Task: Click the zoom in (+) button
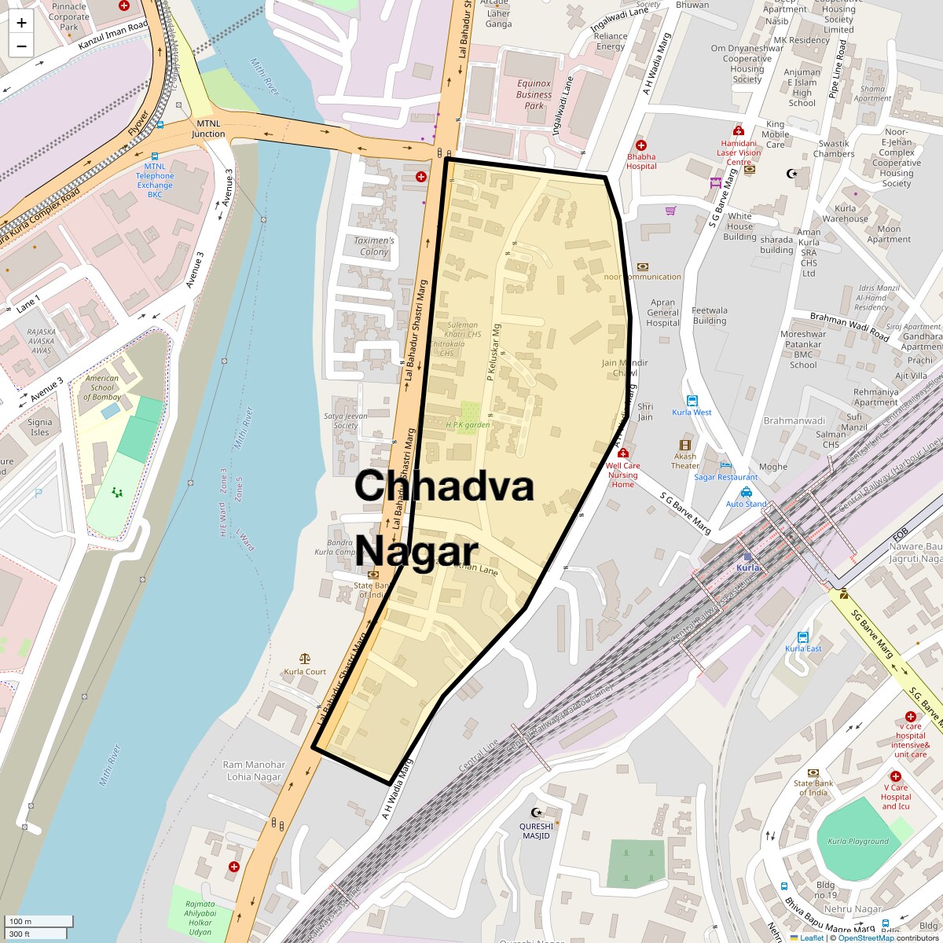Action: point(21,24)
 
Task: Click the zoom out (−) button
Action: point(21,46)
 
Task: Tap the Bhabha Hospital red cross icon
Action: point(641,145)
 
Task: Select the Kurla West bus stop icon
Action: point(692,401)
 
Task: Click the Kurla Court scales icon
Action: point(305,659)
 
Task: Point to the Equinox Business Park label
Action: point(534,94)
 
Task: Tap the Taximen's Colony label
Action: point(374,246)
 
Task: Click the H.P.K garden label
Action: point(468,425)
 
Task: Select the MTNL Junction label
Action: point(210,129)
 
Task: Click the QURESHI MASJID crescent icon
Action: point(538,813)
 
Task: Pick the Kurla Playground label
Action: point(858,841)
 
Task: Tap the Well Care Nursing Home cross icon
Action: point(623,453)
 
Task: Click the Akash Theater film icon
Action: point(685,445)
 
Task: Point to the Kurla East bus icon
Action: point(803,637)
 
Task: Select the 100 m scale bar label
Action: point(21,921)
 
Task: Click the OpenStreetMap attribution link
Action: point(865,937)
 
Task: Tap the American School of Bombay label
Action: point(102,387)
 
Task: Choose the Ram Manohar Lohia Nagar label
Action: point(253,770)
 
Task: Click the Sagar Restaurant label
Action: point(726,477)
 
